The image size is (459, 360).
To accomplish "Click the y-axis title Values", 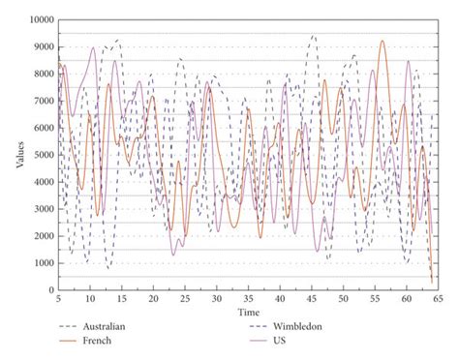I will click(x=19, y=154).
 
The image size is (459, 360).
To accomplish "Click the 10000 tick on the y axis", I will click(x=41, y=19).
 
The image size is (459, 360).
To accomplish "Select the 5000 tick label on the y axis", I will click(x=44, y=155).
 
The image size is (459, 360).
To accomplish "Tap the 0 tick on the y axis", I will click(x=53, y=290).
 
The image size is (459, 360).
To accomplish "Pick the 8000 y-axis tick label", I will click(x=44, y=74).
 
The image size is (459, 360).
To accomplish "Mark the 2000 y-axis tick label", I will click(x=44, y=236).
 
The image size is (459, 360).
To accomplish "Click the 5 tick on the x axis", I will click(x=59, y=300).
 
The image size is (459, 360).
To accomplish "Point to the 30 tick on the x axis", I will click(x=216, y=300).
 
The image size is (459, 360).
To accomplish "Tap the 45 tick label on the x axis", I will click(x=311, y=300).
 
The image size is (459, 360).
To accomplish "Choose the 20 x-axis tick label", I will click(x=153, y=300).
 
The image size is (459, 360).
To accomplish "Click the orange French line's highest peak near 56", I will click(x=382, y=42).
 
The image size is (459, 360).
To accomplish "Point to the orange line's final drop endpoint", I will click(x=432, y=283).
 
